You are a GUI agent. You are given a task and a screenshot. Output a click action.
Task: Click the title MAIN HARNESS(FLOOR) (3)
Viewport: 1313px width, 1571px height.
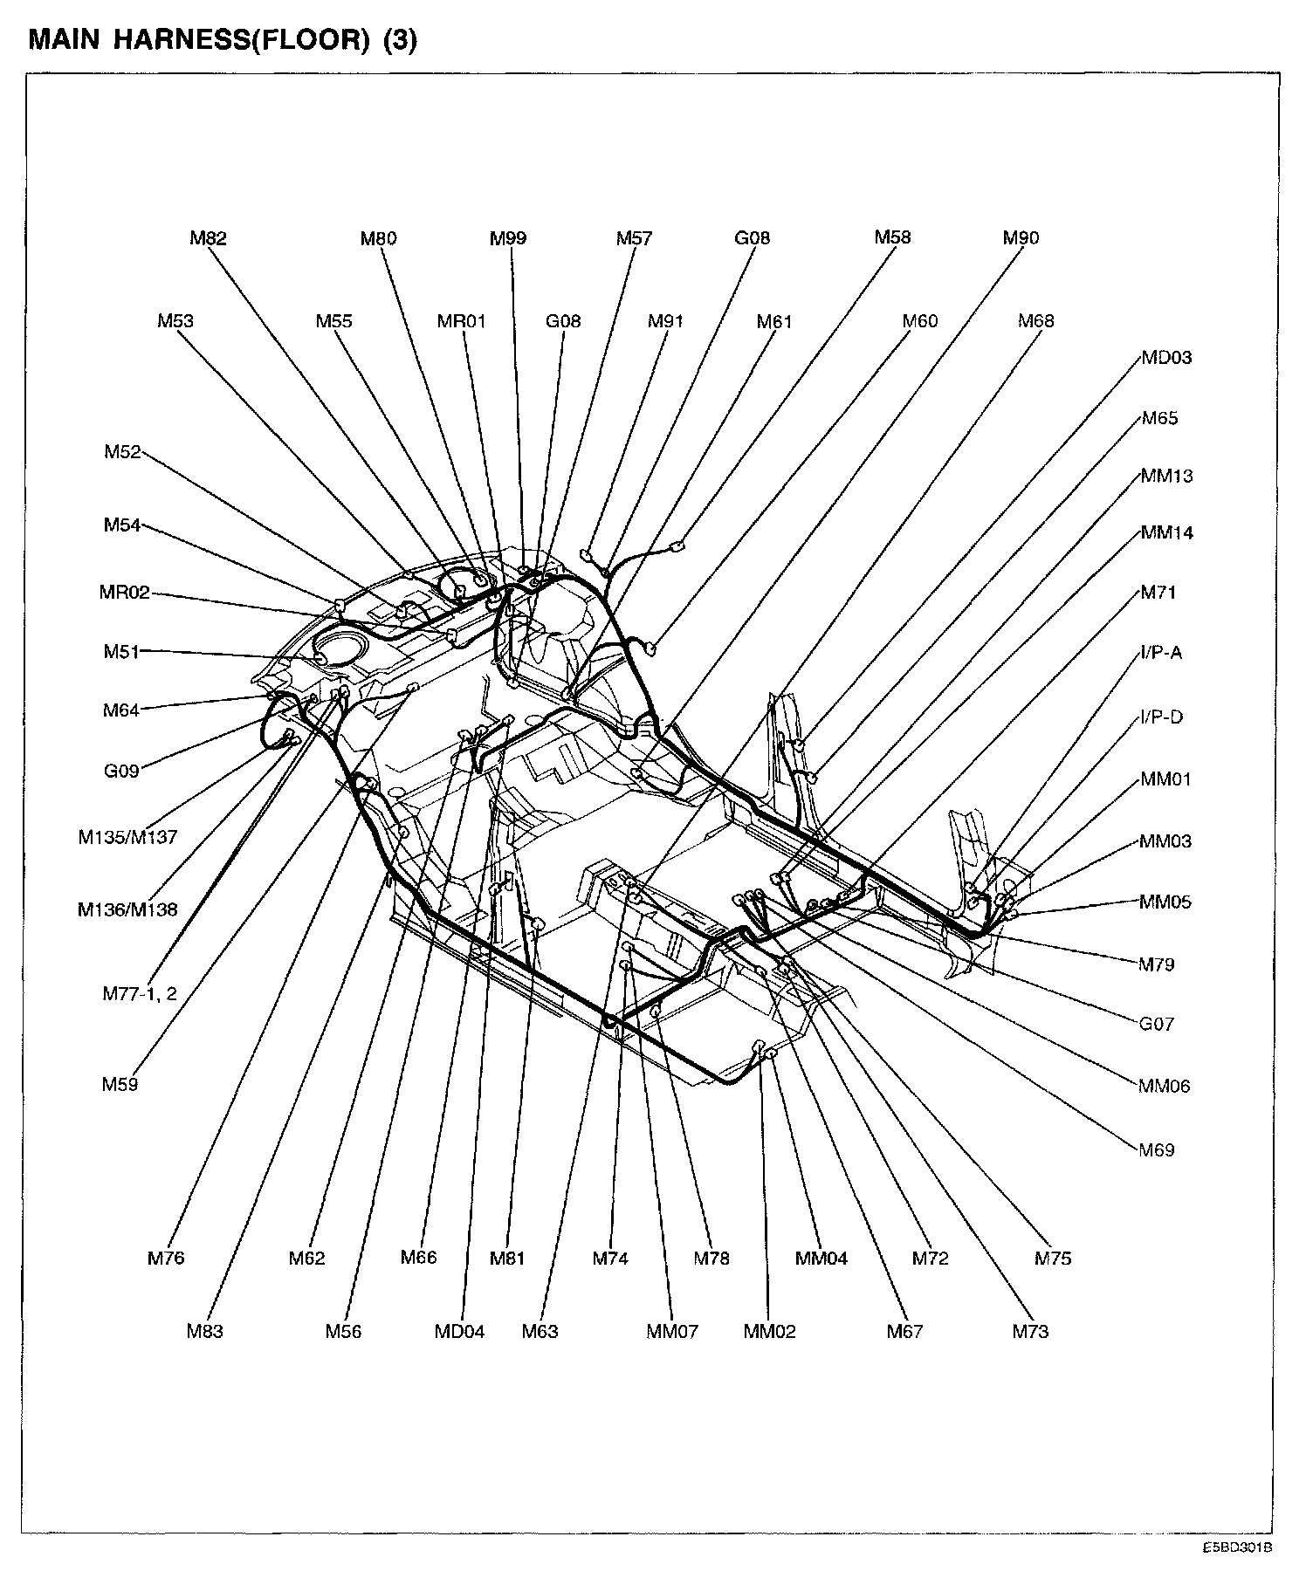coord(223,41)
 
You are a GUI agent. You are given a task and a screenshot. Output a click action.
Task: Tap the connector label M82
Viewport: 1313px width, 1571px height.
coord(208,238)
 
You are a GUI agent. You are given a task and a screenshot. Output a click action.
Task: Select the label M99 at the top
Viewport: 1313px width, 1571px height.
coord(508,238)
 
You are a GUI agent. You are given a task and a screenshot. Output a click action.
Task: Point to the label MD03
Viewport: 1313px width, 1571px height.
coord(1165,358)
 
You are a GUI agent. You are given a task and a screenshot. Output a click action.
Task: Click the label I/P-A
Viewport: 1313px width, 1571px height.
coord(1161,653)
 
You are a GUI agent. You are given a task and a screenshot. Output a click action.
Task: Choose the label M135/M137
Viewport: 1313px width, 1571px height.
coord(127,837)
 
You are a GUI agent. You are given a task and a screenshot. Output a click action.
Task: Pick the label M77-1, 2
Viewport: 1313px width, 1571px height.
coord(140,993)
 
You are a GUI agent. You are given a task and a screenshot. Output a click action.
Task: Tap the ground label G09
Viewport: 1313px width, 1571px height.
coord(121,772)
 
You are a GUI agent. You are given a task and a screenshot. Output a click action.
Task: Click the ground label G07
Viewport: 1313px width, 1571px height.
coord(1157,1024)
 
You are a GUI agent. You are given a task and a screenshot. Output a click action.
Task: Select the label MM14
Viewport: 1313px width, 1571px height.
coord(1166,532)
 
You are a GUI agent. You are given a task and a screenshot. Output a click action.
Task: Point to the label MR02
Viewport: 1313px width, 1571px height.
coord(124,593)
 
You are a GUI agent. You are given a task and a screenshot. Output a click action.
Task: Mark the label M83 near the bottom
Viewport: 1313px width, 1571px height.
coord(204,1332)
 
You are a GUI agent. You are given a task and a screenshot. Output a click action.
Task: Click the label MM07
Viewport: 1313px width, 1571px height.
coord(672,1332)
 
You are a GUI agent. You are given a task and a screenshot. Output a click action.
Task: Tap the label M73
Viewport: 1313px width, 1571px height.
coord(1030,1332)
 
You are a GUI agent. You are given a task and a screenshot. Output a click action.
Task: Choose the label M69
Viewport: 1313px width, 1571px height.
coord(1157,1150)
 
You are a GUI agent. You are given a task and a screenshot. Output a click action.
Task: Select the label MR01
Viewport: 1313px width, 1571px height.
coord(461,321)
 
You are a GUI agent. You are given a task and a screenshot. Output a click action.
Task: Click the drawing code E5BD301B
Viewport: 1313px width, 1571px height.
coord(1237,1547)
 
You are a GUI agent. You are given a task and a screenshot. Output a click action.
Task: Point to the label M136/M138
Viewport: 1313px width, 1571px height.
coord(127,909)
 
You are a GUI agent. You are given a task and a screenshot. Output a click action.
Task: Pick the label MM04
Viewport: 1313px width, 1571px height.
coord(821,1259)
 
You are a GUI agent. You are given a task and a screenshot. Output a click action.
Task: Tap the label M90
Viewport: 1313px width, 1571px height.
coord(1021,238)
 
